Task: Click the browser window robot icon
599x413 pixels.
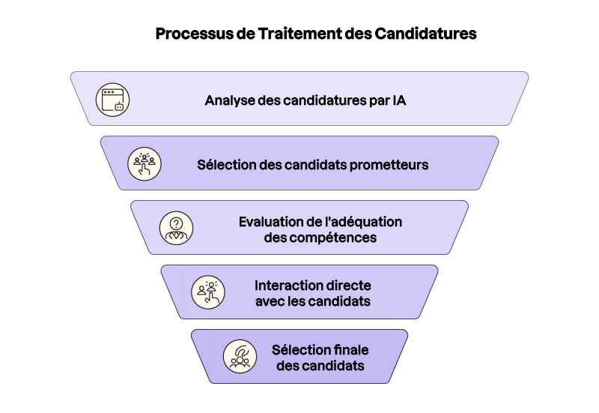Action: tap(113, 99)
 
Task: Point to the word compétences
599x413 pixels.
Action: tap(335, 238)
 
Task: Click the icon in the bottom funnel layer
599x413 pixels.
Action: tap(240, 357)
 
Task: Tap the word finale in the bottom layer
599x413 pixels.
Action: tap(351, 351)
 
